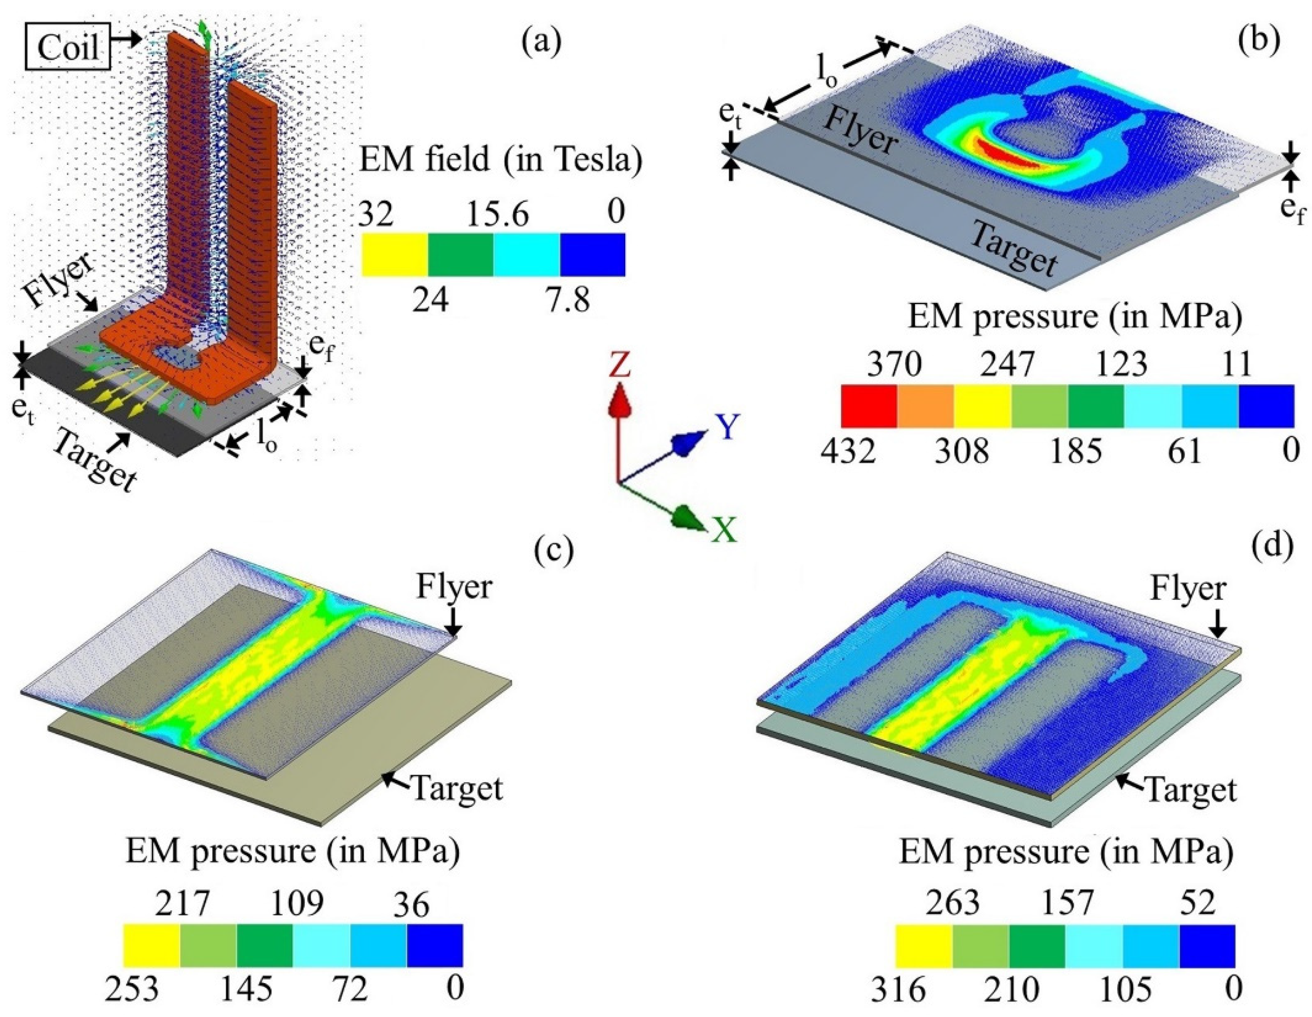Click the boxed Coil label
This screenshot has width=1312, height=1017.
coord(68,46)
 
